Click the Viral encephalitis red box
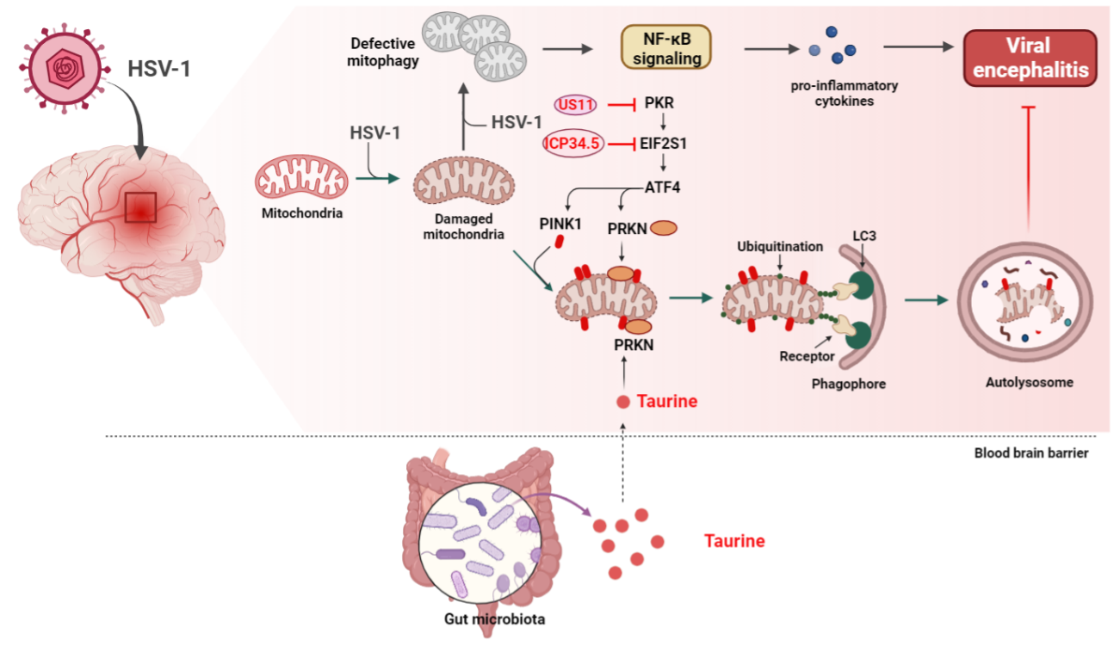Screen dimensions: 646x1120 click(1030, 58)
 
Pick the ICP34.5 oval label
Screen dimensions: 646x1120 click(573, 143)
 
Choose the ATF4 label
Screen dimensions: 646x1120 click(662, 185)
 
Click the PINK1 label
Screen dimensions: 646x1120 click(561, 225)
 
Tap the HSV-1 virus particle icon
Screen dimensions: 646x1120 click(65, 70)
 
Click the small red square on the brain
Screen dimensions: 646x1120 click(140, 207)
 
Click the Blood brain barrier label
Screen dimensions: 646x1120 click(1030, 452)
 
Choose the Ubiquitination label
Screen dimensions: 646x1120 click(779, 247)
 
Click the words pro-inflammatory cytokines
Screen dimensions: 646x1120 click(832, 93)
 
